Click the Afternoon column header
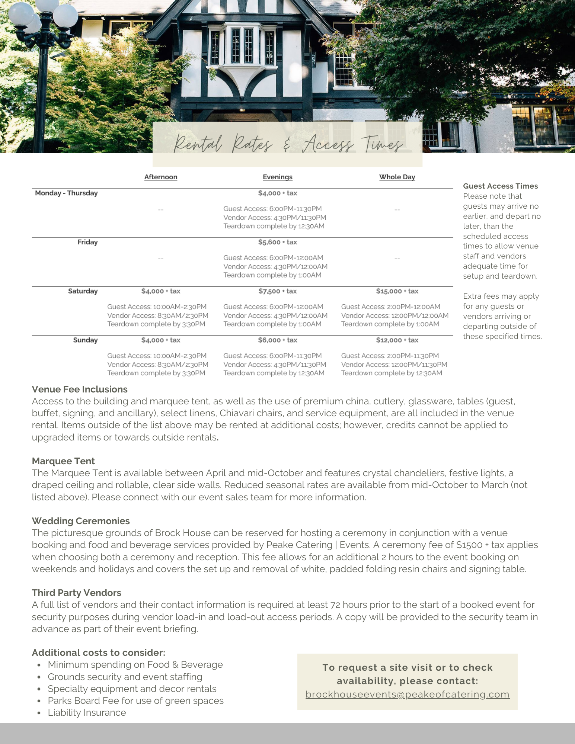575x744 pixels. pos(160,177)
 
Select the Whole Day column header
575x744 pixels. pos(397,177)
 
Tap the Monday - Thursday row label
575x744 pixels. pos(66,193)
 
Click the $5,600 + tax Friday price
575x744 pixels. pos(277,242)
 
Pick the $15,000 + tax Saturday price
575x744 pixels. pos(397,291)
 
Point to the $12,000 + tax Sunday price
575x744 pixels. pos(397,340)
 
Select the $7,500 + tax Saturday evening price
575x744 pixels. pos(277,291)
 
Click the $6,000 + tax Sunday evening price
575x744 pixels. pos(277,340)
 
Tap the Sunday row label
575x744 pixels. pos(85,340)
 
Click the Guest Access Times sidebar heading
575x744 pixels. pos(500,186)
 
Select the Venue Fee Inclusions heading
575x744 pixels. pos(80,389)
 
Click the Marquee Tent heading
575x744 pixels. pos(63,461)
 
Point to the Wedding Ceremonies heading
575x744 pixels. pos(81,521)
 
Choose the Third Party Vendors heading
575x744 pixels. pos(76,593)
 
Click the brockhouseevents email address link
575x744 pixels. pos(407,694)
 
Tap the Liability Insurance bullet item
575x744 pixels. pos(87,712)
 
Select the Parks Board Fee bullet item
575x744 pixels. pos(135,700)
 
